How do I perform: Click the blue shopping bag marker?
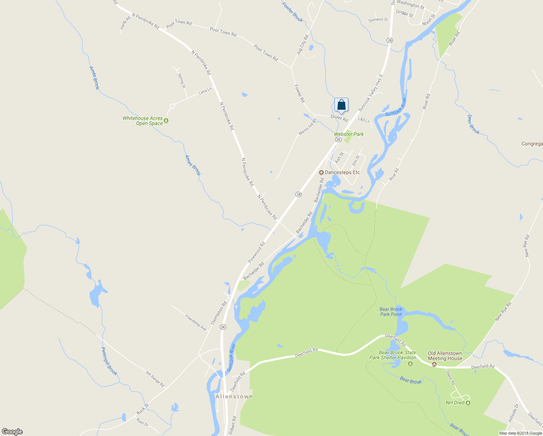341,105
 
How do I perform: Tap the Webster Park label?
349,134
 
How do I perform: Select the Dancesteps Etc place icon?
321,172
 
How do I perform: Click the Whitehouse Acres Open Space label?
143,121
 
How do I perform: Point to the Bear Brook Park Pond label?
391,312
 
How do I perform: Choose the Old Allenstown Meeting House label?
445,356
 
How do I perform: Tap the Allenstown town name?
234,396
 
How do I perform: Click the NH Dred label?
455,403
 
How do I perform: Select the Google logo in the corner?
12,432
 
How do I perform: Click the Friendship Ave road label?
196,323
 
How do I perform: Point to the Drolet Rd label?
339,118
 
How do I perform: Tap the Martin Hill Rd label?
307,127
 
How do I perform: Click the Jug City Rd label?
302,45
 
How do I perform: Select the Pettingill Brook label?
109,361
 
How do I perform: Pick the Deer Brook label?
473,124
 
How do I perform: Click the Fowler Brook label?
293,12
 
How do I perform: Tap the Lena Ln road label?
205,91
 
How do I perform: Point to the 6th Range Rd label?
155,379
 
